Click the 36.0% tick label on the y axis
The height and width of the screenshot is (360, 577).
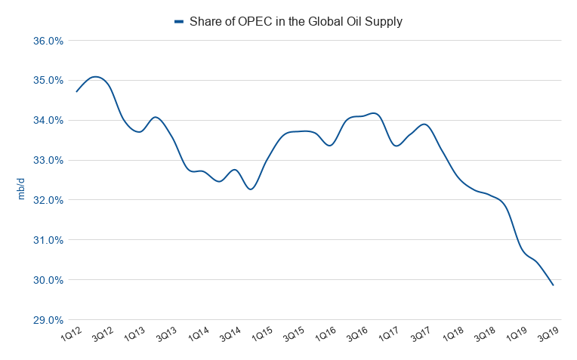(x=48, y=41)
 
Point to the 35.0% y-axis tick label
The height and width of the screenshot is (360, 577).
(x=48, y=81)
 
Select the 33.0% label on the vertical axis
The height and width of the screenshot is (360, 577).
(x=48, y=161)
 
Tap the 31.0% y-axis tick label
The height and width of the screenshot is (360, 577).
(x=48, y=241)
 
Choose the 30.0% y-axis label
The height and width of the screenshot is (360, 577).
(x=48, y=281)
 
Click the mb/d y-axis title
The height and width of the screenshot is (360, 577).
(x=21, y=189)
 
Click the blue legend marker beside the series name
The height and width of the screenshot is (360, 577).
(x=179, y=22)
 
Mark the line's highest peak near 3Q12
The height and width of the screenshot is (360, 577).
(x=95, y=76)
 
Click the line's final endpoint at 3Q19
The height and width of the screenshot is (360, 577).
(x=554, y=285)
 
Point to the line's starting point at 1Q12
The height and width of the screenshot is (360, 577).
(x=76, y=91)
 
